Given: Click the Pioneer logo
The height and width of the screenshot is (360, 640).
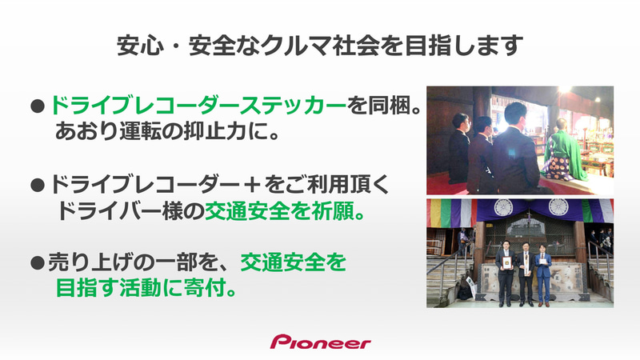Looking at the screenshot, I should pos(320,342).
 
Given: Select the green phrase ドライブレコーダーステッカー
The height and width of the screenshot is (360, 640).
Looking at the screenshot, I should pos(198,105).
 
